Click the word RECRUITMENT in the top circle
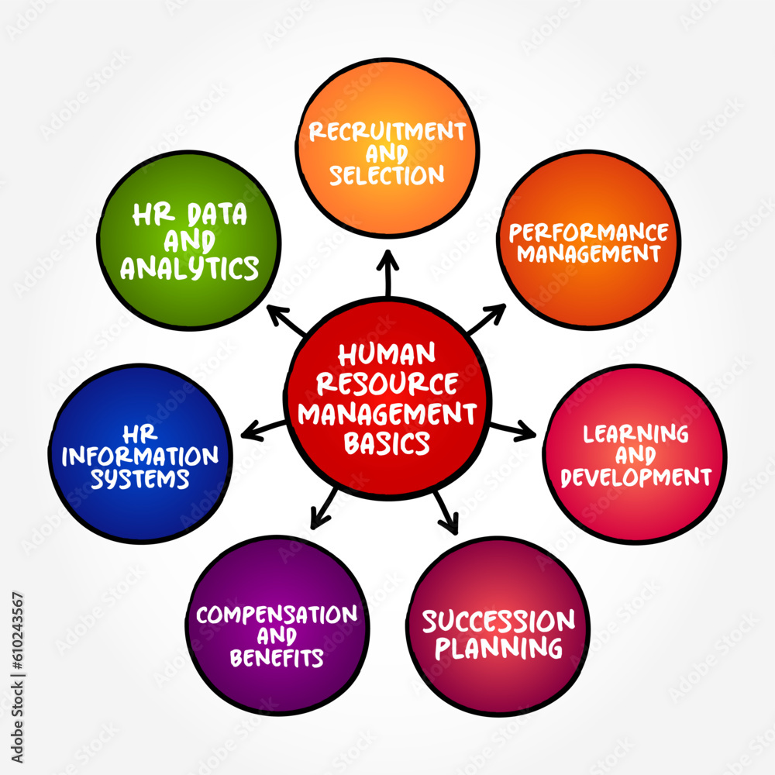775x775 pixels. pos(387,130)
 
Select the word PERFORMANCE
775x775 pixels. pos(589,232)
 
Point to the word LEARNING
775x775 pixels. pos(636,434)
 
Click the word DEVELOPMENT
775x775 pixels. pos(636,477)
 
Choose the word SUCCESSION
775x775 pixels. pos(498,622)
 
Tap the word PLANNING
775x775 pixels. pos(498,647)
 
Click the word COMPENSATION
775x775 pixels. pos(277,615)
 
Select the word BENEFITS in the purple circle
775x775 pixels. pos(277,658)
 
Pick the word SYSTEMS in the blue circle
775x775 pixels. pos(140,478)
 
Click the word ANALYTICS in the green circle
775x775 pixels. pos(190,268)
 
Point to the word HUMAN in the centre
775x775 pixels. pos(387,355)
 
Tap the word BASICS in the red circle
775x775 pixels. pos(387,443)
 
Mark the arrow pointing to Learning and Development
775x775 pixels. pos(513,429)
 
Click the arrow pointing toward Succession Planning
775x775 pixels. pos(446,511)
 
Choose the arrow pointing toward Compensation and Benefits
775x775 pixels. pos(324,508)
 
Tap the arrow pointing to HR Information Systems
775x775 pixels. pos(263,427)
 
